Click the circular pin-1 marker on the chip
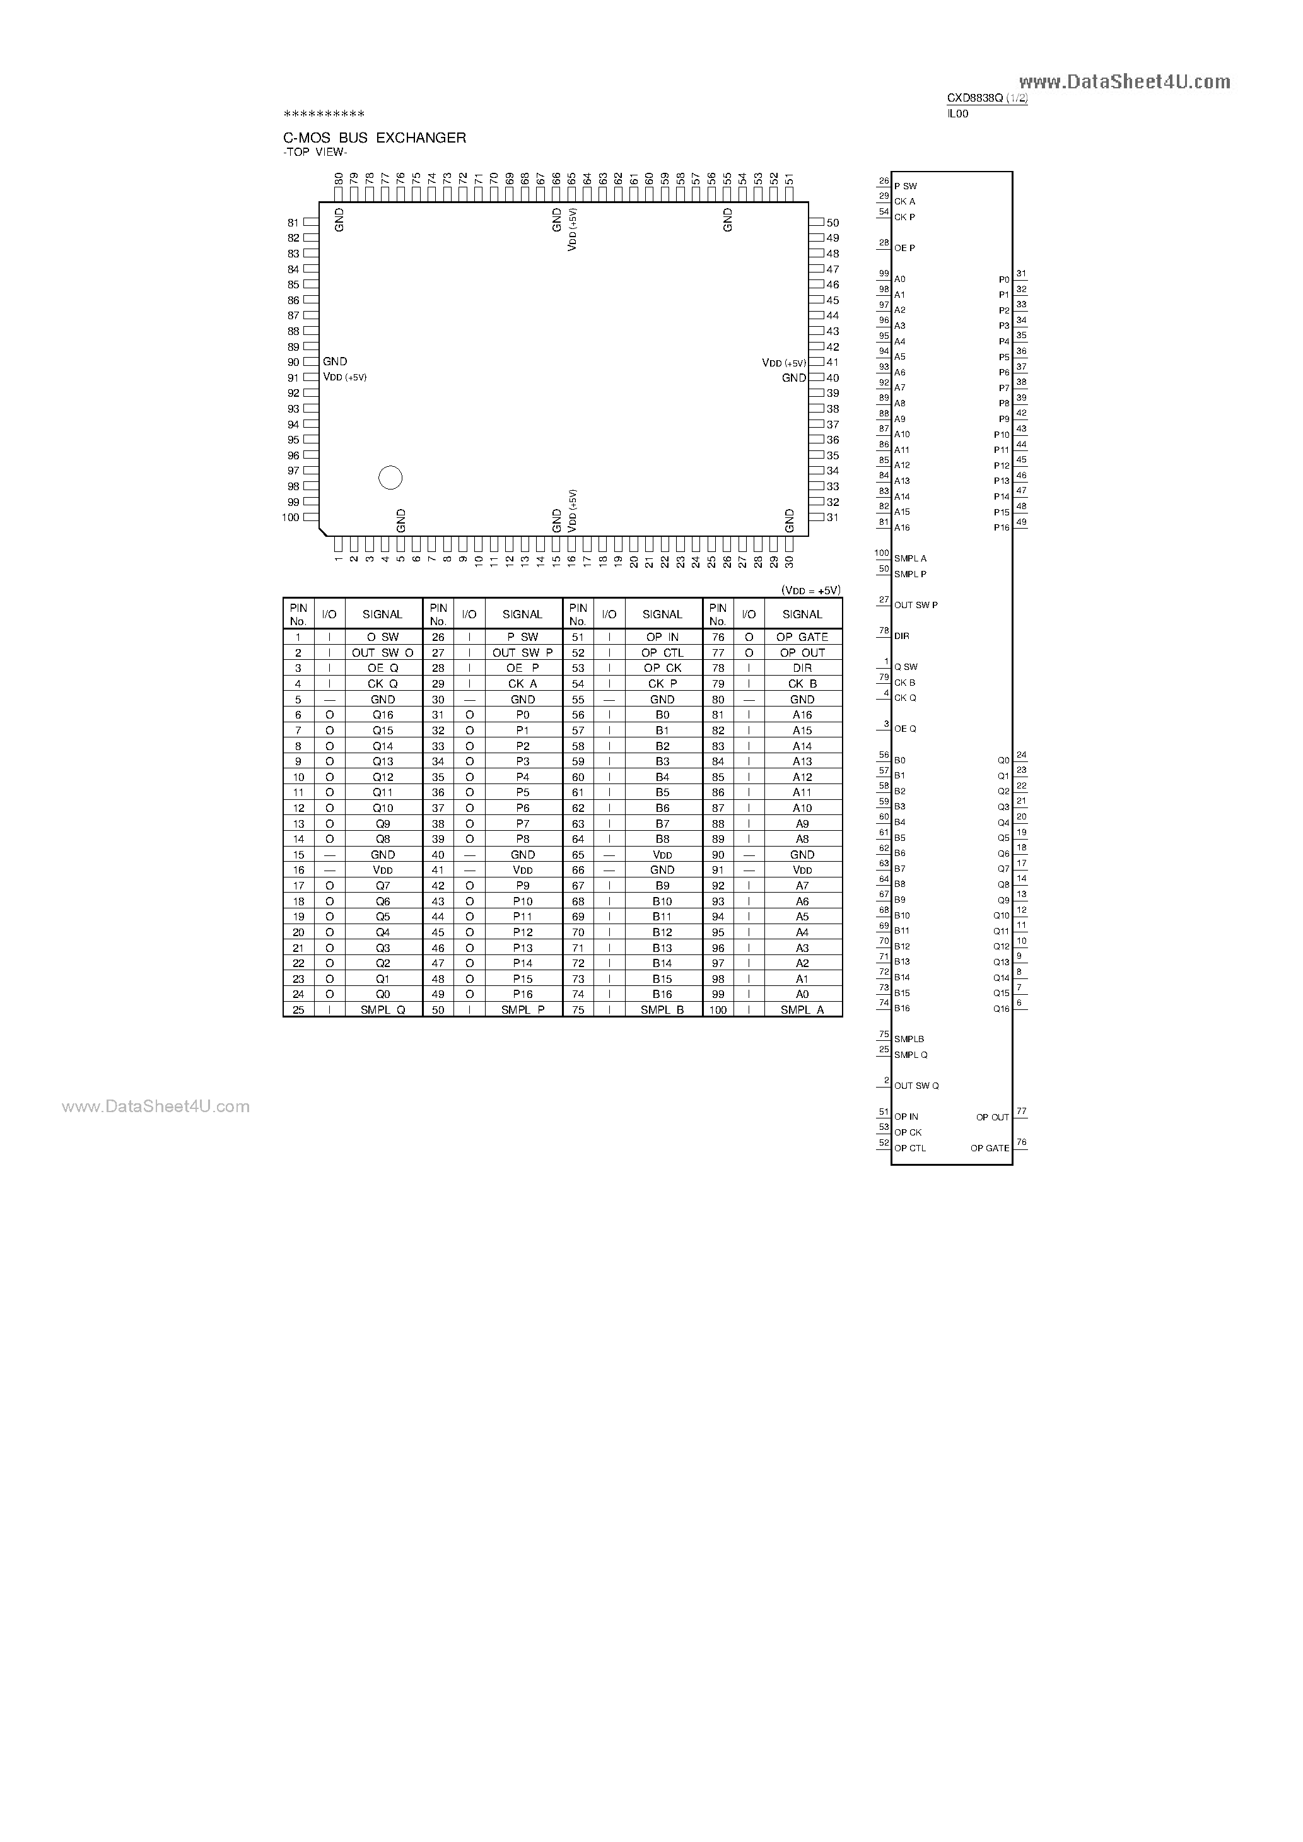pyautogui.click(x=390, y=478)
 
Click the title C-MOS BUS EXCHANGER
pyautogui.click(x=375, y=138)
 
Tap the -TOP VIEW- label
pyautogui.click(x=315, y=153)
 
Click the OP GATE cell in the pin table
pyautogui.click(x=802, y=637)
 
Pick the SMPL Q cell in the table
pyautogui.click(x=382, y=1010)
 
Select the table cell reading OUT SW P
pyautogui.click(x=522, y=653)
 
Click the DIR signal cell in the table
pyautogui.click(x=802, y=668)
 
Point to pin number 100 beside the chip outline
pyautogui.click(x=291, y=517)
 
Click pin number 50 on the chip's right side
pyautogui.click(x=833, y=223)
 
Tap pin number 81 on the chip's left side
pyautogui.click(x=293, y=223)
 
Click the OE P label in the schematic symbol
pyautogui.click(x=904, y=249)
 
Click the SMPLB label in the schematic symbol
pyautogui.click(x=909, y=1040)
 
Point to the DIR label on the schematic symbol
pyautogui.click(x=902, y=636)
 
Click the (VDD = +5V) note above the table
pyautogui.click(x=810, y=590)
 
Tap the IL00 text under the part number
pyautogui.click(x=957, y=114)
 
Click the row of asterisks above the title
pyautogui.click(x=324, y=115)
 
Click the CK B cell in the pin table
pyautogui.click(x=802, y=684)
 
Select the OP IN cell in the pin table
pyautogui.click(x=662, y=637)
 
